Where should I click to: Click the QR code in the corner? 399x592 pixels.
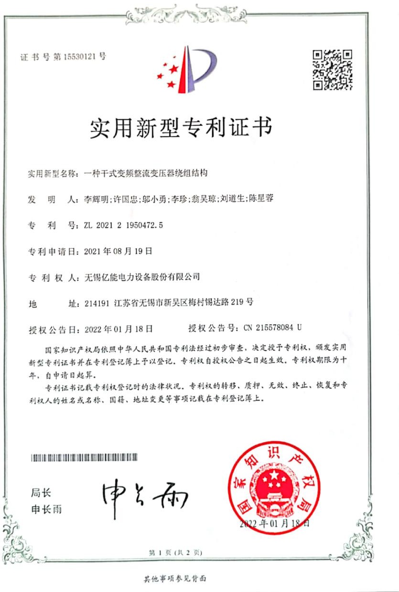pyautogui.click(x=333, y=69)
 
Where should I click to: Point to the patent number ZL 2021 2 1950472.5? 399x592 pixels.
pyautogui.click(x=123, y=225)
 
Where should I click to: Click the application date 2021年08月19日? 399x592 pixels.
pyautogui.click(x=118, y=251)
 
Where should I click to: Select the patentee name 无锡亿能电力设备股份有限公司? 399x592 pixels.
pyautogui.click(x=141, y=276)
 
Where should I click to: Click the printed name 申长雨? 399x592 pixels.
pyautogui.click(x=46, y=509)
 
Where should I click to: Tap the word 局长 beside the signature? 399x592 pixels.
pyautogui.click(x=41, y=493)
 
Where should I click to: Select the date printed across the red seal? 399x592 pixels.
pyautogui.click(x=275, y=523)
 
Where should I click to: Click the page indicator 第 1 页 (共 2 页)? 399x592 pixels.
pyautogui.click(x=175, y=552)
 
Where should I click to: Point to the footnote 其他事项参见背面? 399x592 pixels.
pyautogui.click(x=175, y=579)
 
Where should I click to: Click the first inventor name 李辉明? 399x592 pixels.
pyautogui.click(x=95, y=199)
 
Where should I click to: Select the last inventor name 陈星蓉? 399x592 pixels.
pyautogui.click(x=260, y=199)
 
